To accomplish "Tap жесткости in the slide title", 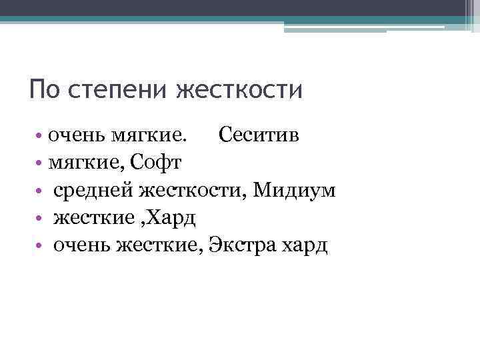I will point(239,89).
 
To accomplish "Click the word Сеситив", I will point(259,136).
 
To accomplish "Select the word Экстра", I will point(242,245).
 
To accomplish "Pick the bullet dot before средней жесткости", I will point(41,191).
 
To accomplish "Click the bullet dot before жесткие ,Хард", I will point(41,219).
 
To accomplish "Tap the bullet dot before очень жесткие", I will point(41,246).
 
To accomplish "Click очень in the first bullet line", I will point(70,137).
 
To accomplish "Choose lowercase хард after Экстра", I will point(304,246).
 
